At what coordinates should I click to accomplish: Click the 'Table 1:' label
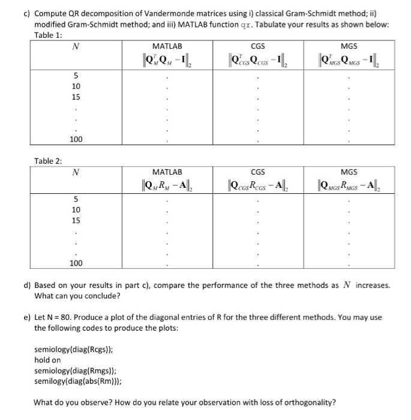[48, 34]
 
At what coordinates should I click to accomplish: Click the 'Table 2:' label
[48, 160]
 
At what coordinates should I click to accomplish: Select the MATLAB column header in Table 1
[167, 46]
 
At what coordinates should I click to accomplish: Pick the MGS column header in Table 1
[349, 46]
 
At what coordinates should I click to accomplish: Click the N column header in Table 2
[75, 173]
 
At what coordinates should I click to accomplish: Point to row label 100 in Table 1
[76, 139]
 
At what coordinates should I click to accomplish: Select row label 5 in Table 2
[76, 199]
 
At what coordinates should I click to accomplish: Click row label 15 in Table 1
[76, 96]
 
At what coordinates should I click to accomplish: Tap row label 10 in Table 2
[76, 210]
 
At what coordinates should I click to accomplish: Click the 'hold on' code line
[48, 360]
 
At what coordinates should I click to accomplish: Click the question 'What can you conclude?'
[77, 296]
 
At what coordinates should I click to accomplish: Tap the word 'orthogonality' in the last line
[311, 402]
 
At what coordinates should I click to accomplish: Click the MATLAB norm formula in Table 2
[167, 184]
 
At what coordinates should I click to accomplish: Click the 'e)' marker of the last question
[27, 317]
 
